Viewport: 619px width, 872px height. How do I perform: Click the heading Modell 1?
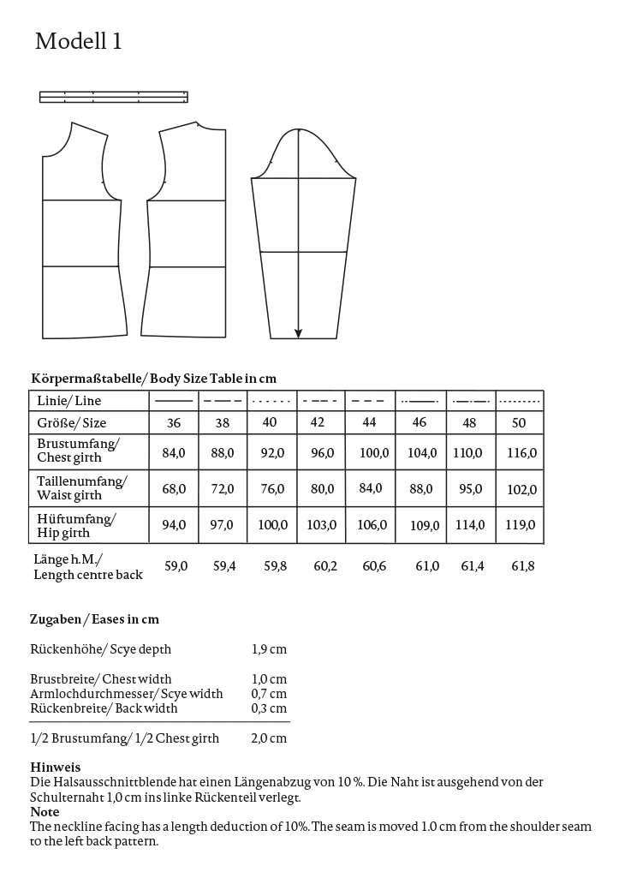tap(79, 41)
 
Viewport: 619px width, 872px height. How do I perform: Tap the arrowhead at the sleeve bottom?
tap(299, 333)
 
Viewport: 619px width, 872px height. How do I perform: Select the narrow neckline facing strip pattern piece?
tap(113, 97)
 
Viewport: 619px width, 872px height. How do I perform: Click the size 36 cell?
tap(174, 423)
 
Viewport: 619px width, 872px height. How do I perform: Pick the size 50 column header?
tap(519, 423)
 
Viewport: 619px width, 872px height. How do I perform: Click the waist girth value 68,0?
tap(174, 488)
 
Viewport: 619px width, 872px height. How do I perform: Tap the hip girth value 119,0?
tap(520, 525)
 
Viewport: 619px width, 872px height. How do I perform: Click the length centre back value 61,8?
tap(522, 566)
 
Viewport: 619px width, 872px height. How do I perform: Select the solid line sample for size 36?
tap(174, 400)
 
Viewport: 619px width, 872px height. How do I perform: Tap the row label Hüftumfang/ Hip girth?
tap(77, 524)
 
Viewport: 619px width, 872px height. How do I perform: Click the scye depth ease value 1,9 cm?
tap(269, 649)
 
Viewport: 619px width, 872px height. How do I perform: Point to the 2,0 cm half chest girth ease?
tap(269, 738)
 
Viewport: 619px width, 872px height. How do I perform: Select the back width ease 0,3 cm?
tap(269, 708)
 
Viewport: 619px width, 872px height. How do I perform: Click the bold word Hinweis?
tap(55, 767)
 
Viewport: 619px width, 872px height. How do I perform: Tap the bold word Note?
tap(45, 811)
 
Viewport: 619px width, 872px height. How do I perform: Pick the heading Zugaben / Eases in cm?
tap(94, 619)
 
